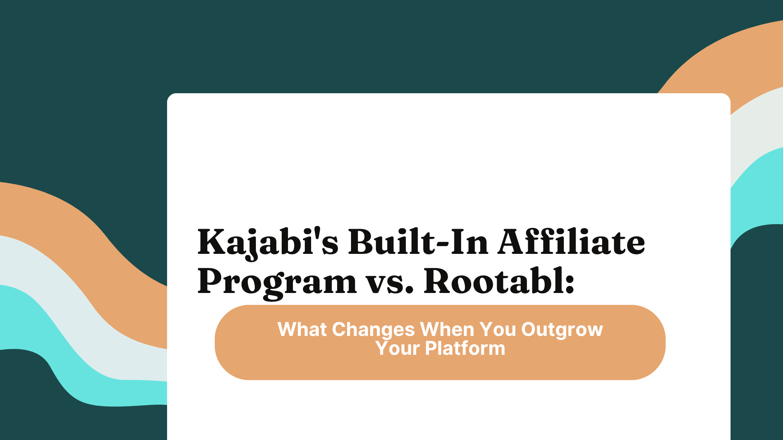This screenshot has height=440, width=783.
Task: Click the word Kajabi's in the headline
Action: tap(267, 242)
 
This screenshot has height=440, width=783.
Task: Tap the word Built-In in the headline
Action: tap(418, 242)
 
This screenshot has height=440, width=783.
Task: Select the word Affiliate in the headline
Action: tap(571, 242)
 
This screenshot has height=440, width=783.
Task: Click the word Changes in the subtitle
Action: tap(373, 329)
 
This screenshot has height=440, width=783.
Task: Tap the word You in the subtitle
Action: tap(497, 329)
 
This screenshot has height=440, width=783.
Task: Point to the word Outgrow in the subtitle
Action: tap(562, 330)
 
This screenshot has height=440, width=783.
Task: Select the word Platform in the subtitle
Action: tap(465, 349)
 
